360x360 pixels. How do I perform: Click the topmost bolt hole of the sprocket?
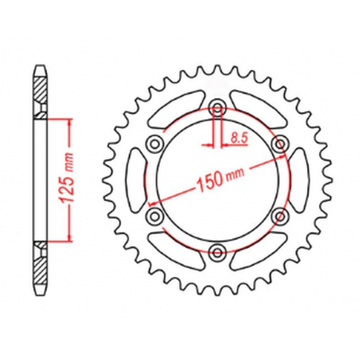pos(218,107)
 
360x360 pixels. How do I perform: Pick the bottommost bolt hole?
pos(218,251)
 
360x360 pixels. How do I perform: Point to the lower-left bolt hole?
pos(155,215)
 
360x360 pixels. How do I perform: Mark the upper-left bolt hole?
pos(155,142)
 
